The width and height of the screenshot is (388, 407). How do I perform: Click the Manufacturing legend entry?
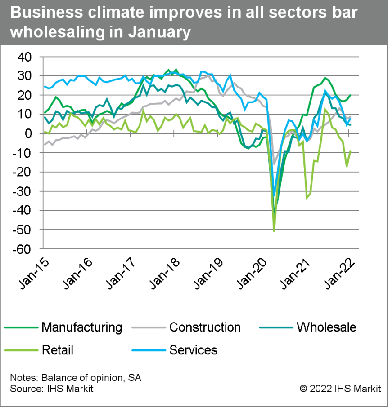(x=81, y=327)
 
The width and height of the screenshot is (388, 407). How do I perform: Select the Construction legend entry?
(x=205, y=327)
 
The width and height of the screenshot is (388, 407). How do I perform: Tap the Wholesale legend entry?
(x=326, y=327)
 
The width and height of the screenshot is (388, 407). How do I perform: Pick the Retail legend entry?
(x=57, y=349)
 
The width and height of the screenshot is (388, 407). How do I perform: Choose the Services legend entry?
(x=193, y=349)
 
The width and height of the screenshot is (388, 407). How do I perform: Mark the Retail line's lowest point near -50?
(x=274, y=231)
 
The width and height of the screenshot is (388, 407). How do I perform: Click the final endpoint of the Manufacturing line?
(x=350, y=95)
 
